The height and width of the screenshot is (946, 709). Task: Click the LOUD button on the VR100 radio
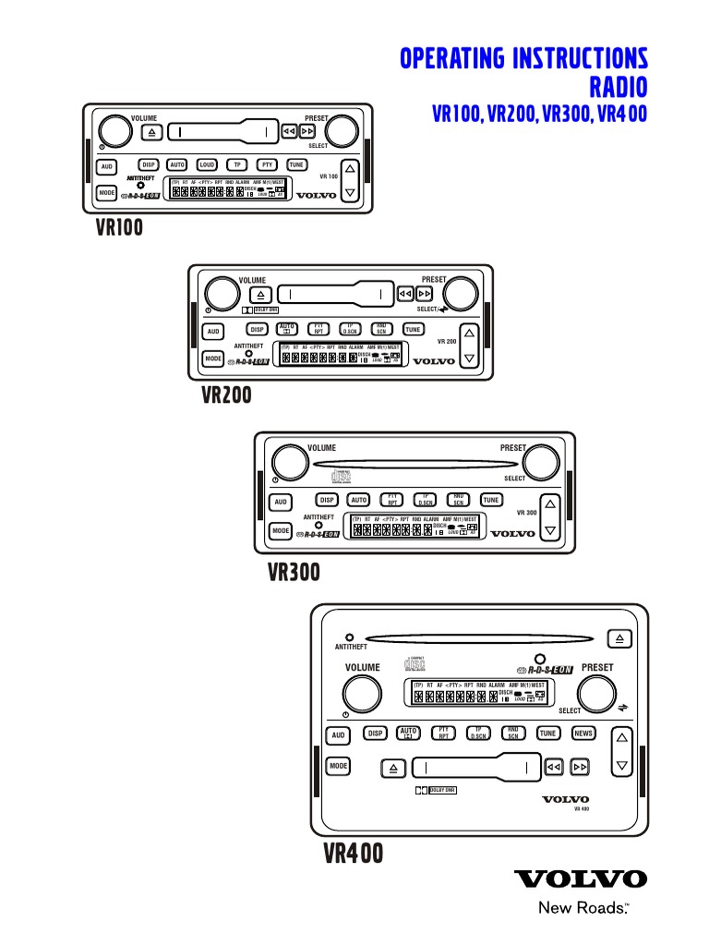(x=207, y=164)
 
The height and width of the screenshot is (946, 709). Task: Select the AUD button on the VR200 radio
(x=213, y=331)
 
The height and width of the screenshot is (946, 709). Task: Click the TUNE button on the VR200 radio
(x=413, y=329)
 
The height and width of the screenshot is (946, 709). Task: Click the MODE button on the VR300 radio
(x=281, y=531)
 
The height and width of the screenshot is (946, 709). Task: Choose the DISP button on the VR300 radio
(x=327, y=500)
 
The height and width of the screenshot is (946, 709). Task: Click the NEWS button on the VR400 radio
(x=583, y=733)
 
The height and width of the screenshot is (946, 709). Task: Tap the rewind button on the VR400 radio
(x=553, y=767)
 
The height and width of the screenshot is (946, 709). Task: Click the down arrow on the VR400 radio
(x=622, y=766)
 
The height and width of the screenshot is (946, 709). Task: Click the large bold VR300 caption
(x=294, y=574)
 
